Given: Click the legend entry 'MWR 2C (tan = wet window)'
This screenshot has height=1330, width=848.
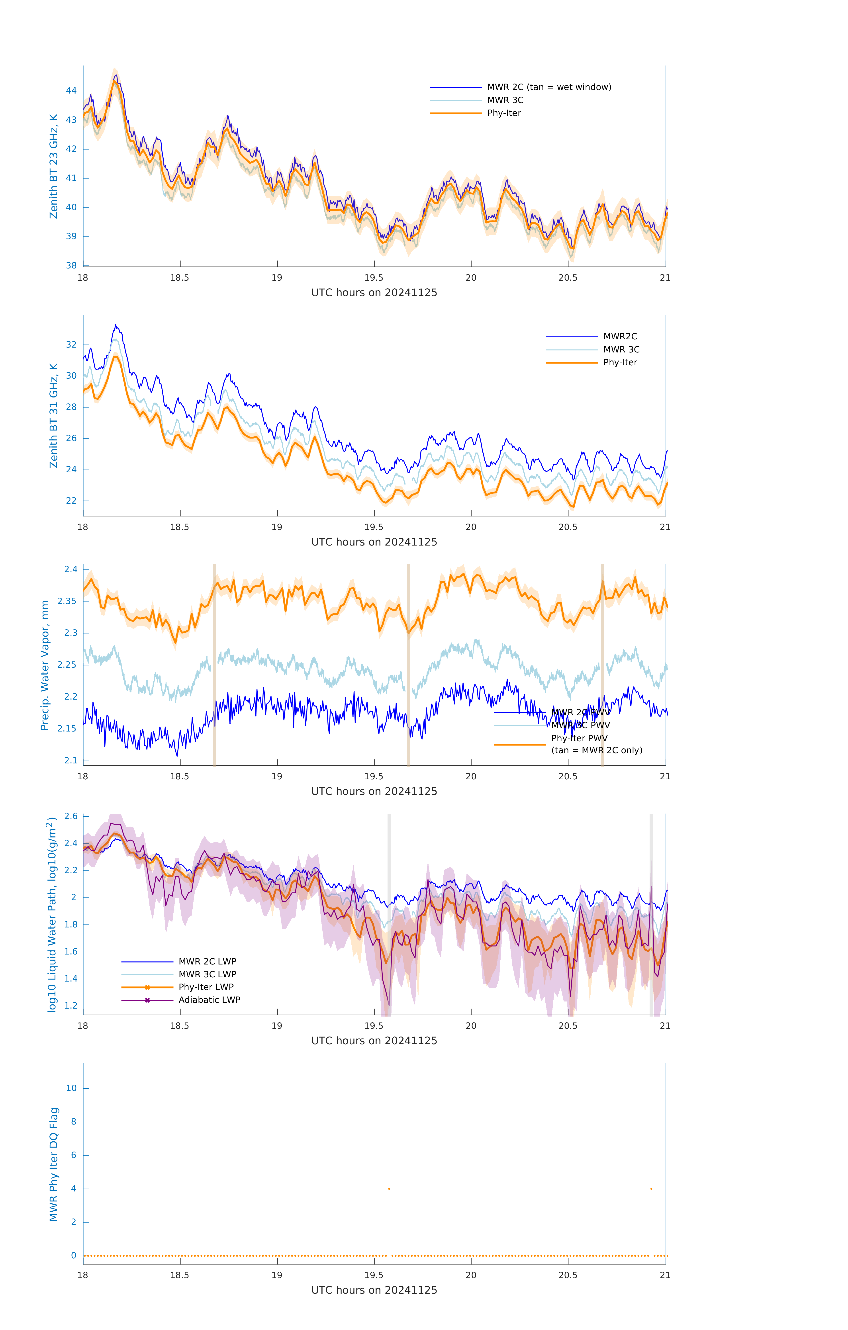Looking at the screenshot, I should [x=548, y=87].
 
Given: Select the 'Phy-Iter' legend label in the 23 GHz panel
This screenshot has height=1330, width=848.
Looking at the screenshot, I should [x=504, y=113].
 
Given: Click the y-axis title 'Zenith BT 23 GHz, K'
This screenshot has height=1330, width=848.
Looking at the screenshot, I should [x=54, y=166].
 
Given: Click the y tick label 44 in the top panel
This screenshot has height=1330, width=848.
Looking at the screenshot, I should [x=71, y=91].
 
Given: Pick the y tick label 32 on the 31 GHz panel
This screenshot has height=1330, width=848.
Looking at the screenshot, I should [x=71, y=345].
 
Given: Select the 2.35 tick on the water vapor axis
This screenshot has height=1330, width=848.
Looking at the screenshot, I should [x=67, y=601].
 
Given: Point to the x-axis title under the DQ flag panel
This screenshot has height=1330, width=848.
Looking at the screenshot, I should [x=374, y=1290].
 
